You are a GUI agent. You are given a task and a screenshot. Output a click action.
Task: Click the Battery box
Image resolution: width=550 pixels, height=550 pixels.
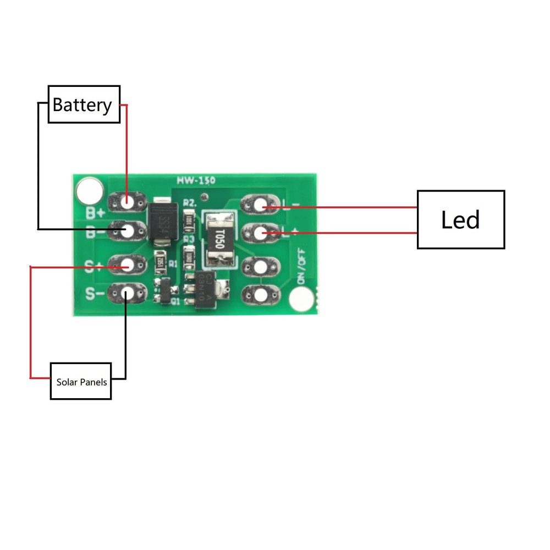tap(84, 104)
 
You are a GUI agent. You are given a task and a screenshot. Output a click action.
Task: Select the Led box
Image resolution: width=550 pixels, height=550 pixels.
tap(460, 219)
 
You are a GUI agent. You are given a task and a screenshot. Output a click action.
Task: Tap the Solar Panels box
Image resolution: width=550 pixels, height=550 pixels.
tap(81, 381)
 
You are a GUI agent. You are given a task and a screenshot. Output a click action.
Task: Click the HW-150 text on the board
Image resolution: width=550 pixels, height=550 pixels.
tap(196, 180)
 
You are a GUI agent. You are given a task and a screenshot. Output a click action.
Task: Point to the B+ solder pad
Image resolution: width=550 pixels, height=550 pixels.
tap(128, 202)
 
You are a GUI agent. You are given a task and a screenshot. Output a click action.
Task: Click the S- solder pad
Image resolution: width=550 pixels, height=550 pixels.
tap(127, 294)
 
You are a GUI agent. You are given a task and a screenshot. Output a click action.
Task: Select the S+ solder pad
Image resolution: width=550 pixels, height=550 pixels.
tap(127, 265)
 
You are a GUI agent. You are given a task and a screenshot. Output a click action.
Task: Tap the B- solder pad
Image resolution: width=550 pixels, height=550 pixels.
tap(127, 231)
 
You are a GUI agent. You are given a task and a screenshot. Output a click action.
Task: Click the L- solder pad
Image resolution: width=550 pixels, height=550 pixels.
tap(260, 206)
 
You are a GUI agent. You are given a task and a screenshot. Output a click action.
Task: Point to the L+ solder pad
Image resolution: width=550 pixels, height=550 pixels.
tap(260, 234)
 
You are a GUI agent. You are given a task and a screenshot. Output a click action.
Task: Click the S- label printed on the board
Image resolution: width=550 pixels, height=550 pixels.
tap(95, 295)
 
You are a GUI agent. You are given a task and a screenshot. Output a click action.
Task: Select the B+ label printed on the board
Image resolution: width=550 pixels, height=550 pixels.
tap(95, 212)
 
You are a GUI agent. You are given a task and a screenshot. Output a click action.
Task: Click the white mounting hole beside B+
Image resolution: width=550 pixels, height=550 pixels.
tap(89, 190)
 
